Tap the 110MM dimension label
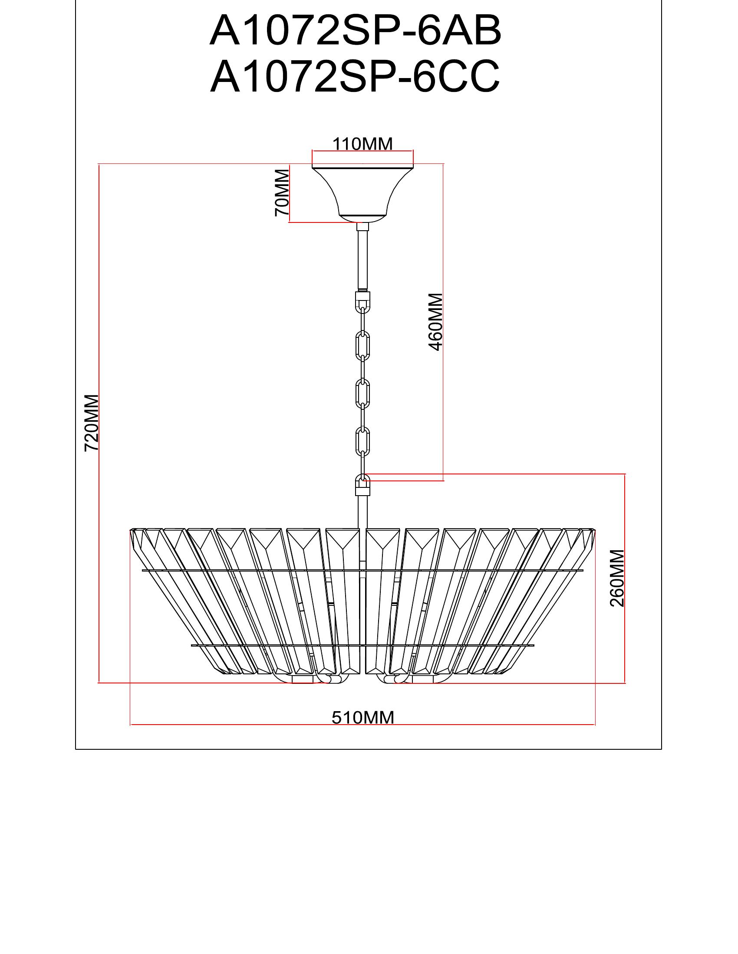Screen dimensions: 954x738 point(362,144)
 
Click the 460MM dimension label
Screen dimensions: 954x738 point(436,322)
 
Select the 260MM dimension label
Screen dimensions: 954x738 point(617,578)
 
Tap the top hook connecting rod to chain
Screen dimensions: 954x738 point(362,300)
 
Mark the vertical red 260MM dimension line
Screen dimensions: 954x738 point(625,634)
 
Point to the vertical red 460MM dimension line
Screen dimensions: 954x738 point(444,393)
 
